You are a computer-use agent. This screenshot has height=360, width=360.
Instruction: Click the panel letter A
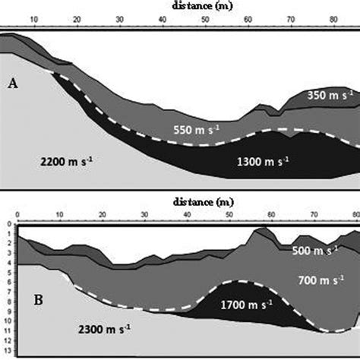click(x=12, y=84)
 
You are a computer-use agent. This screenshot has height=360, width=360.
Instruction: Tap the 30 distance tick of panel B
click(x=144, y=216)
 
